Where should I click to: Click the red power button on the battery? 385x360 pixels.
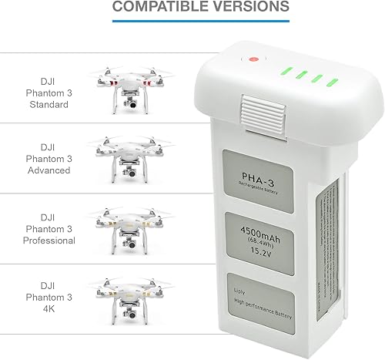(253, 60)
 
